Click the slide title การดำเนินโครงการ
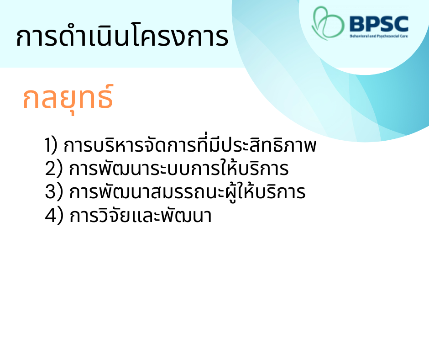coord(122,37)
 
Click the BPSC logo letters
coord(379,24)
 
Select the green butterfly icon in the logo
coord(328,23)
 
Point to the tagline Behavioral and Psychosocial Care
coord(379,36)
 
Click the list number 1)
coord(51,145)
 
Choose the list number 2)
coord(54,168)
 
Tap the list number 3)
coord(54,191)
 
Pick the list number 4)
coord(54,215)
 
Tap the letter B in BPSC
coord(357,24)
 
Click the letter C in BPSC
coord(401,24)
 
